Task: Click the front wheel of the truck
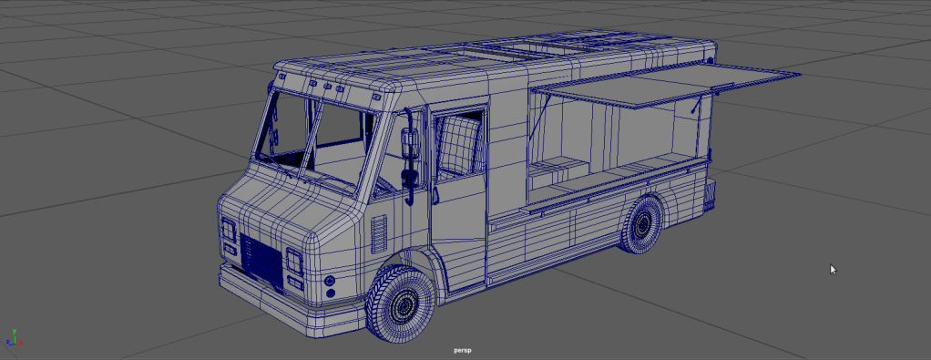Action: coord(401,304)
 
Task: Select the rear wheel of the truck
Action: coord(641,224)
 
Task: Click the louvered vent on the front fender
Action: coord(378,234)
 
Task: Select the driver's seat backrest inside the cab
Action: coord(458,145)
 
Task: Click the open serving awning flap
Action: coord(665,87)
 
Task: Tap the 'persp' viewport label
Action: coord(463,351)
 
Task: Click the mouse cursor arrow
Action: coord(833,270)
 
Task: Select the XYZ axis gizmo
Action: coord(13,337)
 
